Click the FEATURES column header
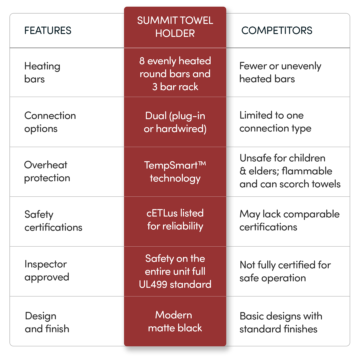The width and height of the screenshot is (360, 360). tap(48, 31)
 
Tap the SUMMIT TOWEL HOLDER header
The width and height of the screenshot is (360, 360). tap(175, 27)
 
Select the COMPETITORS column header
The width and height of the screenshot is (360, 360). tap(277, 31)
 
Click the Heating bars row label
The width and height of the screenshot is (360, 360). tap(42, 73)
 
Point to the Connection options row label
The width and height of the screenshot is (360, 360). tap(50, 122)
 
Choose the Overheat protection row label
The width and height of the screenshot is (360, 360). tap(47, 172)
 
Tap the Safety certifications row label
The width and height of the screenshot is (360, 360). tap(53, 221)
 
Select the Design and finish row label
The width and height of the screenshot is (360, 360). tap(47, 322)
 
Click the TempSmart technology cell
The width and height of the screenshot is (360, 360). tap(175, 172)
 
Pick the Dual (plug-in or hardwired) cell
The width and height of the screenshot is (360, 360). tap(175, 122)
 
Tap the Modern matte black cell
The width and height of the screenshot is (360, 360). tap(175, 321)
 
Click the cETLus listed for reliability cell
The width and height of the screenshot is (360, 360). tap(175, 220)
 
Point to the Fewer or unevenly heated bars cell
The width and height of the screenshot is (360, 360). tap(280, 72)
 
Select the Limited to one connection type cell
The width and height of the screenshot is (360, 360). tap(275, 122)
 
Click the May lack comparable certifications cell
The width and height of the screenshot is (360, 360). tap(290, 220)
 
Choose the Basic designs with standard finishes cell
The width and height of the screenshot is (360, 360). tap(281, 322)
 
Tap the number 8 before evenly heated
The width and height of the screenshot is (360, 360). tap(142, 61)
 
